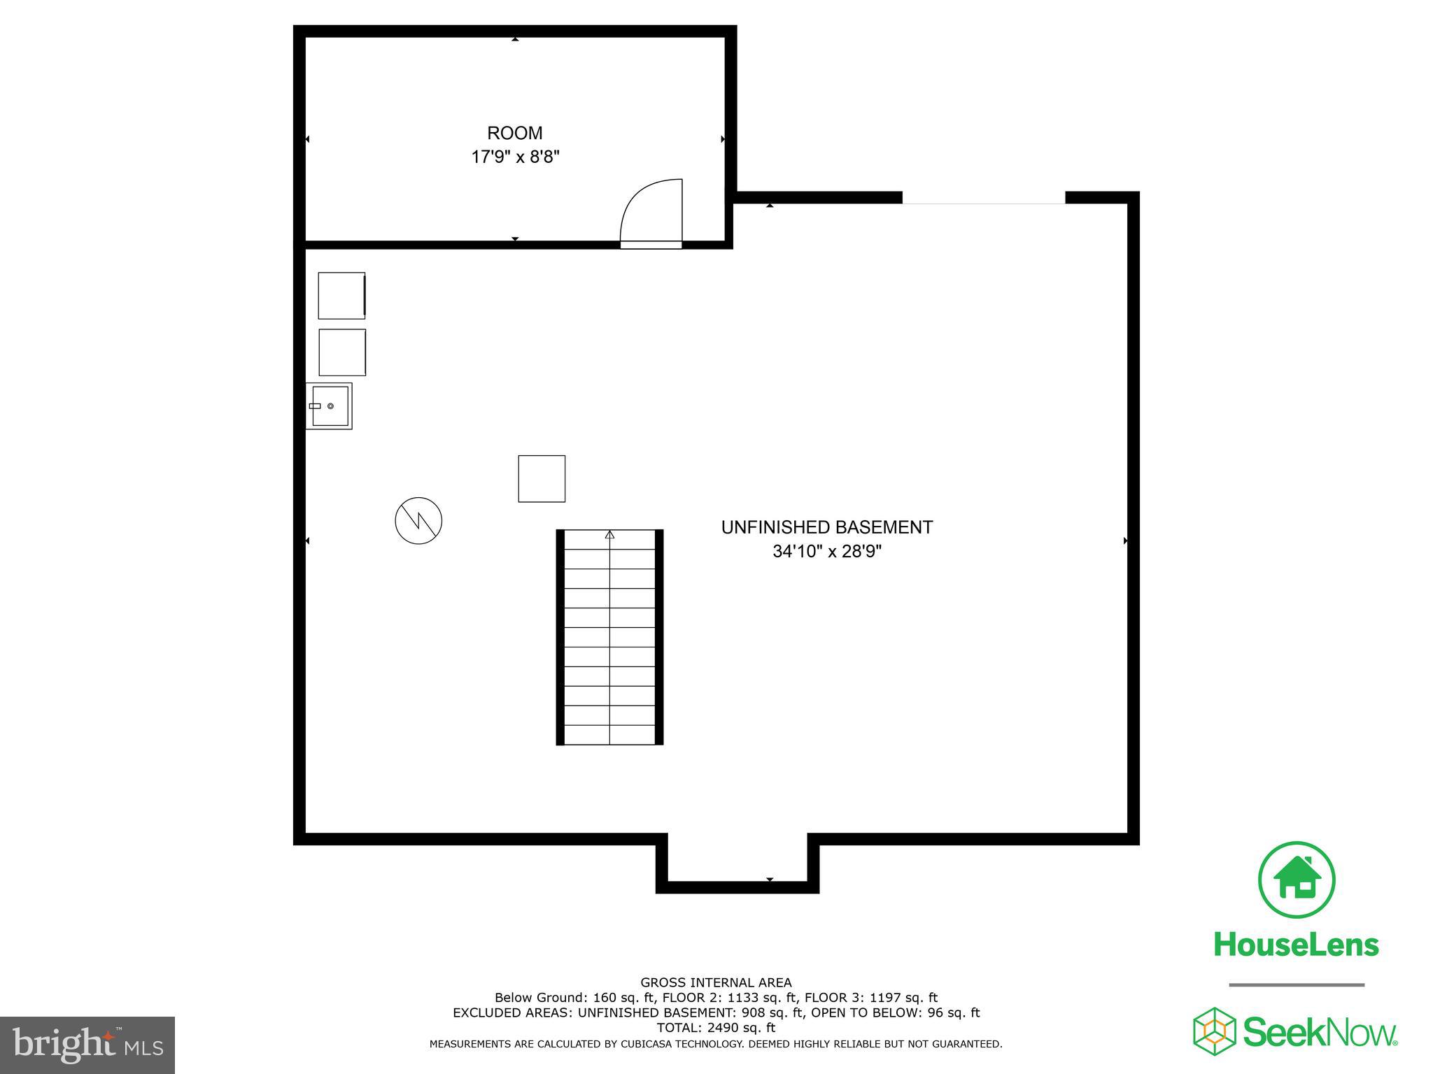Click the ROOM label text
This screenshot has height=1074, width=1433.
(515, 133)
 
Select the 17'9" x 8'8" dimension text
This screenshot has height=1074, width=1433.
(516, 157)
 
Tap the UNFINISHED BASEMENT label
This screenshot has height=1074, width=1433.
(826, 527)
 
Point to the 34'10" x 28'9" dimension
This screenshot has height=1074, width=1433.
(826, 552)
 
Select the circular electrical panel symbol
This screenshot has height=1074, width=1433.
(418, 521)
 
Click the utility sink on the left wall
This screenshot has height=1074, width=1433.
(330, 406)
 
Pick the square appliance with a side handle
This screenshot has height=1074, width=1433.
(342, 296)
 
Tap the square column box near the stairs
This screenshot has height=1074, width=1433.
(542, 479)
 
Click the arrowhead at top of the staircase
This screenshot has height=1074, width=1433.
(609, 535)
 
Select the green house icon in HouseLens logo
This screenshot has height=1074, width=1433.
(1297, 880)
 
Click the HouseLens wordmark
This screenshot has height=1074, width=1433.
(1296, 945)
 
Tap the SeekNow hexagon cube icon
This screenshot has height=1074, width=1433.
(1214, 1031)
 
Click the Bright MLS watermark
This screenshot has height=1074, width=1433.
(87, 1045)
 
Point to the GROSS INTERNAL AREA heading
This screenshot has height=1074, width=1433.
(716, 982)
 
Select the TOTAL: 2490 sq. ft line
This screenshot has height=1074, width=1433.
(716, 1028)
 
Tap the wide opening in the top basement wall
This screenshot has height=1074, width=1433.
(983, 199)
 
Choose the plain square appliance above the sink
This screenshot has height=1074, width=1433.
(342, 352)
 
